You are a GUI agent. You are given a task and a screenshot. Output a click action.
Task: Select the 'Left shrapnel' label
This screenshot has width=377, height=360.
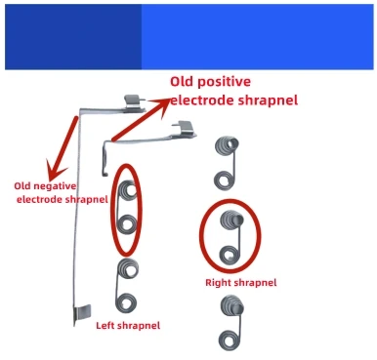pyautogui.click(x=127, y=325)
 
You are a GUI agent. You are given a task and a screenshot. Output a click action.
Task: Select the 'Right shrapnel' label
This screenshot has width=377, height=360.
pyautogui.click(x=240, y=282)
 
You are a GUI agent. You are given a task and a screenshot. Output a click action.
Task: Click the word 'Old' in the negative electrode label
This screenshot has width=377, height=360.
pyautogui.click(x=25, y=184)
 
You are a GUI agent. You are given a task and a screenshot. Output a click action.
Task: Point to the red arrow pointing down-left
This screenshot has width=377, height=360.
pyautogui.click(x=59, y=146)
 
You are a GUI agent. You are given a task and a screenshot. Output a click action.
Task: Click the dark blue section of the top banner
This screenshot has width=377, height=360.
pyautogui.click(x=73, y=35)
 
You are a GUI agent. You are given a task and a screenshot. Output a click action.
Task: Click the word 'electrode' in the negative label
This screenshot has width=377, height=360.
pyautogui.click(x=48, y=199)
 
